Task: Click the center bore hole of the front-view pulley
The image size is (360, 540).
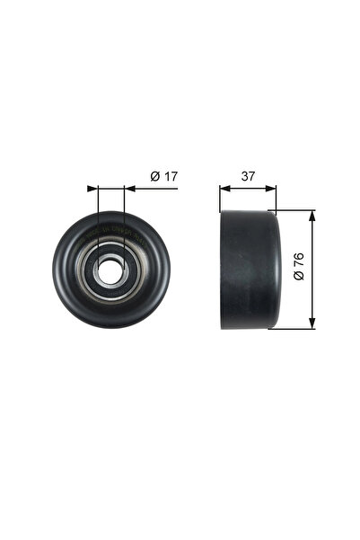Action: [x=110, y=270]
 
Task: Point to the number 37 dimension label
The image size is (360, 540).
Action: [x=247, y=177]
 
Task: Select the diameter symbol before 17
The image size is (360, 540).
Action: [x=154, y=177]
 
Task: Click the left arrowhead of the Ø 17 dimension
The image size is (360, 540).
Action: [x=92, y=189]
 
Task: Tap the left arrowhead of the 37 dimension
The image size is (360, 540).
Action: [x=224, y=189]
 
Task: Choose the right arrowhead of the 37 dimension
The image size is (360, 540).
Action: [x=272, y=189]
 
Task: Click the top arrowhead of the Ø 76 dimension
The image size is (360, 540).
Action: [x=312, y=217]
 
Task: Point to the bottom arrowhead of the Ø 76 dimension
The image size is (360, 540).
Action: [x=312, y=323]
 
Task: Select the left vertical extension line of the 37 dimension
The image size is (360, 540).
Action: [x=220, y=198]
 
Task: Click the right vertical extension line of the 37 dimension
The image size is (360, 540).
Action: [x=277, y=198]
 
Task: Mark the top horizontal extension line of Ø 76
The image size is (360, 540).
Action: [x=296, y=211]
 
